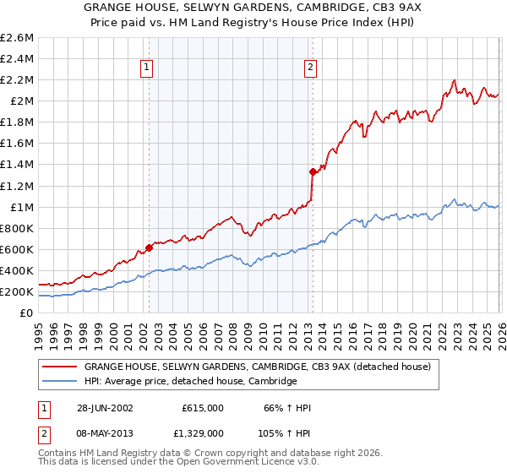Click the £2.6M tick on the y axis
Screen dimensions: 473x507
coord(18,38)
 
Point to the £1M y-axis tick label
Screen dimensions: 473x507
coord(22,207)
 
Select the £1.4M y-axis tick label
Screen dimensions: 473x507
coord(18,165)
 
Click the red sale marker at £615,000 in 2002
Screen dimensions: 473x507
coord(150,247)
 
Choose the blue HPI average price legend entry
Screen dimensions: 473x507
coord(190,382)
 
